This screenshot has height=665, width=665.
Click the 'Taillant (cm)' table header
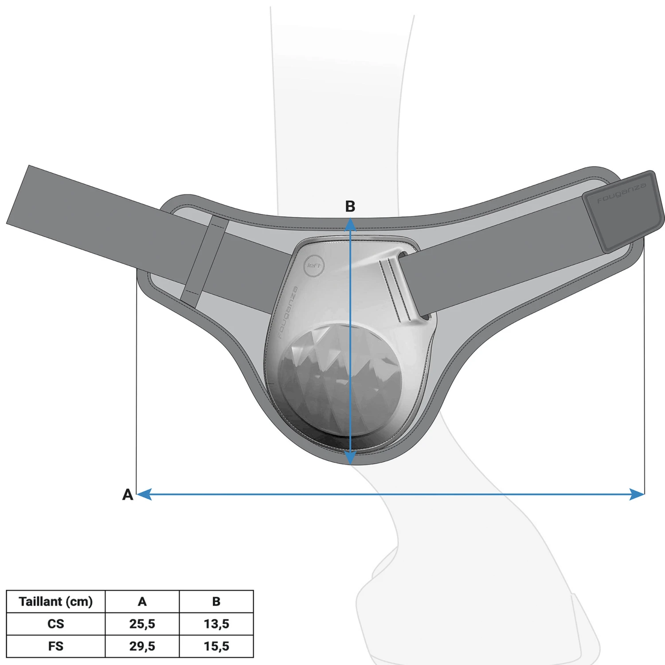(55, 602)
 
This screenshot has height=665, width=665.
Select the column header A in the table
(142, 602)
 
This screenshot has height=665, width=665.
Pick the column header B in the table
(216, 602)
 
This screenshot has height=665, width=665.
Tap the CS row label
(55, 624)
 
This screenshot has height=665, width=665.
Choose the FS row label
(55, 646)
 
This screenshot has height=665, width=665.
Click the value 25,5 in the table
(142, 624)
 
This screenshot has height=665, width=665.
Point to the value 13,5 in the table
(216, 624)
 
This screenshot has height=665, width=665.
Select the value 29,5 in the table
(142, 646)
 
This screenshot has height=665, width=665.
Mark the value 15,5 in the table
(216, 646)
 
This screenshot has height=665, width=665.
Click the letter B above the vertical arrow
(350, 206)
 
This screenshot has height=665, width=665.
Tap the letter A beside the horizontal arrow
(128, 494)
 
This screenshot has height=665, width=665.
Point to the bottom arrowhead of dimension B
(350, 458)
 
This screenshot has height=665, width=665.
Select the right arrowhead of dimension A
(637, 494)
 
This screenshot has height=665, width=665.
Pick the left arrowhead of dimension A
(144, 494)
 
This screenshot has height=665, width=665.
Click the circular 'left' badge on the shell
(315, 266)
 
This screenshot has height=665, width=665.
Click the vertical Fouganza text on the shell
(288, 313)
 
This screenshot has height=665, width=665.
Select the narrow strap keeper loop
(204, 262)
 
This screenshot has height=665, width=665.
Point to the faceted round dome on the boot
(339, 379)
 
